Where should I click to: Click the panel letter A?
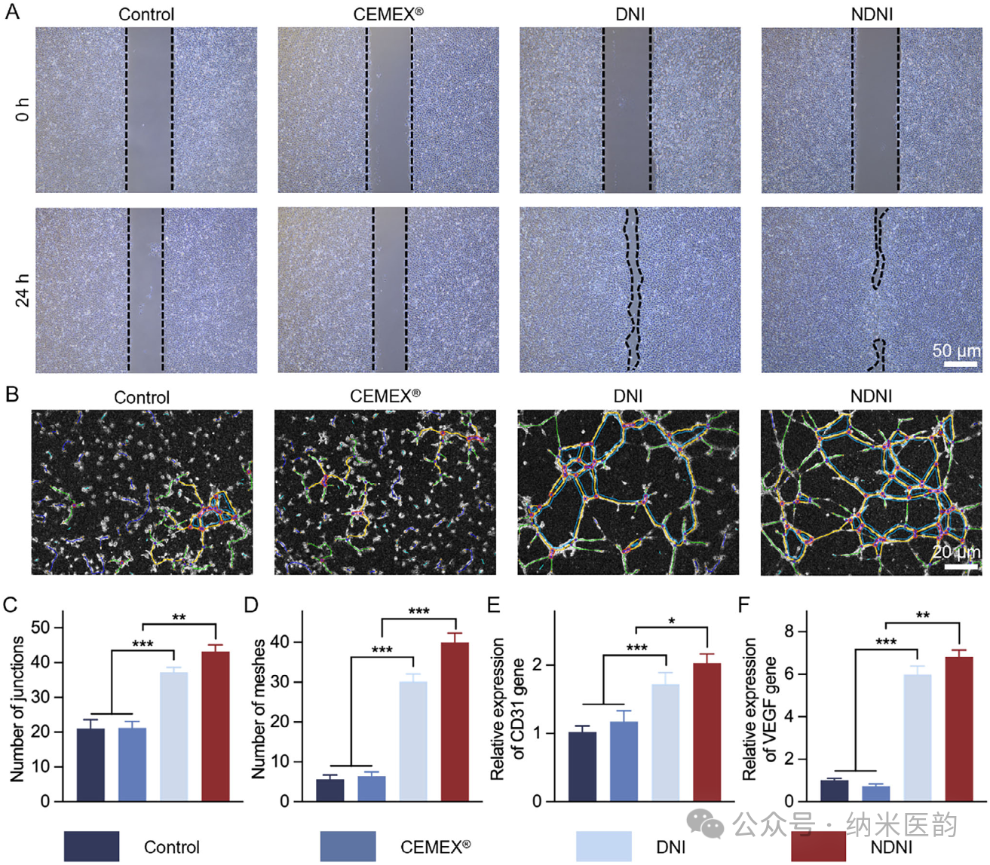[x=12, y=12]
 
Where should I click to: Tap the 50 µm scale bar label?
[x=956, y=350]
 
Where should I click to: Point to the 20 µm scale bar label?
[x=956, y=552]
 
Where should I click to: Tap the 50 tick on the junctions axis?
[x=41, y=628]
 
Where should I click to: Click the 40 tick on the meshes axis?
[x=280, y=642]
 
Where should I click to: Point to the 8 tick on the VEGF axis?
[x=789, y=631]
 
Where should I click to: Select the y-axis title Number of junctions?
[x=17, y=708]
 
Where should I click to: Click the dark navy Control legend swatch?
[x=91, y=846]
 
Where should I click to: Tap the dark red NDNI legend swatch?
[x=818, y=846]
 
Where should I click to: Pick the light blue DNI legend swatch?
[x=604, y=846]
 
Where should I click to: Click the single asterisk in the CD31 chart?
[x=671, y=622]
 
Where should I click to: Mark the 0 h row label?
[x=23, y=109]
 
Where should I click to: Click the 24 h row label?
[x=23, y=290]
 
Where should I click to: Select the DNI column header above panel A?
[x=630, y=14]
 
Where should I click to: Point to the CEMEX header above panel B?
[x=385, y=396]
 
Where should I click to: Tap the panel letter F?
[x=744, y=604]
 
